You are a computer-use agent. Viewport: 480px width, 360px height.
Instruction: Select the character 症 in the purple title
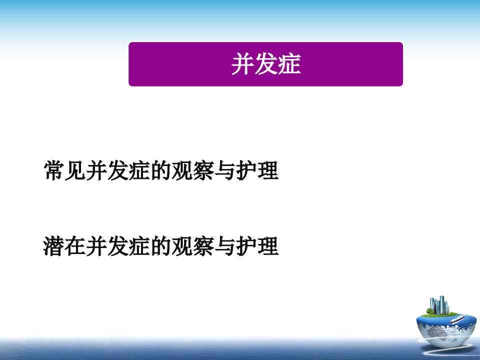tap(289, 63)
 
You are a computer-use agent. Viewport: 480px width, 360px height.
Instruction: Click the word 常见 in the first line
tap(65, 170)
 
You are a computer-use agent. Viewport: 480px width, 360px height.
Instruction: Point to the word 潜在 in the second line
tap(65, 246)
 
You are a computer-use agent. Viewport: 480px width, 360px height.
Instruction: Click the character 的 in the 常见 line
tap(161, 170)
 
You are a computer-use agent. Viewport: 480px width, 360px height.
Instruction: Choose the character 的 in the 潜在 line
tap(161, 246)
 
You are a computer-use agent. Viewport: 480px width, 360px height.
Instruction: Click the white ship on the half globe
tap(457, 319)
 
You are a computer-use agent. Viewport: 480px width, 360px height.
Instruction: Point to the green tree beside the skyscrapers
tap(430, 311)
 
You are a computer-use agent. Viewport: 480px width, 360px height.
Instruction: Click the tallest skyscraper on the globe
tap(441, 304)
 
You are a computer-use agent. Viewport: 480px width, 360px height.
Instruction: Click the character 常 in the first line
tap(54, 170)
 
